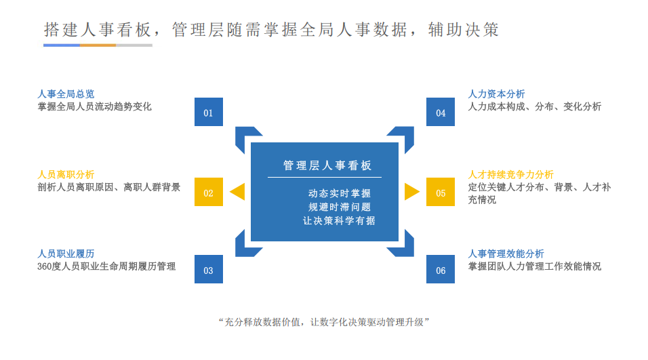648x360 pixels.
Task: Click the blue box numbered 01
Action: pyautogui.click(x=208, y=113)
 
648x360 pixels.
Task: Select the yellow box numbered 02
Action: pyautogui.click(x=208, y=193)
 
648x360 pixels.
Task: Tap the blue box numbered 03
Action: pyautogui.click(x=208, y=270)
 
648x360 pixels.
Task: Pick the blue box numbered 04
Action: pyautogui.click(x=441, y=113)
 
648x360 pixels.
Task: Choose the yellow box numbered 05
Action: pyautogui.click(x=441, y=193)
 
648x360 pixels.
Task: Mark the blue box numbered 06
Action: pyautogui.click(x=441, y=270)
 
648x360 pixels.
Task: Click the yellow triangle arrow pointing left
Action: pyautogui.click(x=237, y=192)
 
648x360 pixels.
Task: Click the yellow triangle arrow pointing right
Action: pyautogui.click(x=411, y=192)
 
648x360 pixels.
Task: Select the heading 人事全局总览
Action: pyautogui.click(x=66, y=94)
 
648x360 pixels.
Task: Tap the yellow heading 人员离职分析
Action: pyautogui.click(x=66, y=174)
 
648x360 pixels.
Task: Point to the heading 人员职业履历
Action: pyautogui.click(x=66, y=254)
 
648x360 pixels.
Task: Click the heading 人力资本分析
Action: pyautogui.click(x=496, y=94)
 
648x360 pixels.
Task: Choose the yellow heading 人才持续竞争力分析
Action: pyautogui.click(x=510, y=174)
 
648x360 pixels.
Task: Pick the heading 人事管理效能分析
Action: pyautogui.click(x=506, y=254)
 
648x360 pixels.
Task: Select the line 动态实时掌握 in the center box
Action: pyautogui.click(x=339, y=193)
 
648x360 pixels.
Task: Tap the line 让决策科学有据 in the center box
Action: pyautogui.click(x=339, y=220)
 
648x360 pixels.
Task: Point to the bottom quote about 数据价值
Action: pyautogui.click(x=324, y=322)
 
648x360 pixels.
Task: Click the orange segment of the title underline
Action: pyautogui.click(x=98, y=45)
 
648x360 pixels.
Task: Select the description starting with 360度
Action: pyautogui.click(x=106, y=266)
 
